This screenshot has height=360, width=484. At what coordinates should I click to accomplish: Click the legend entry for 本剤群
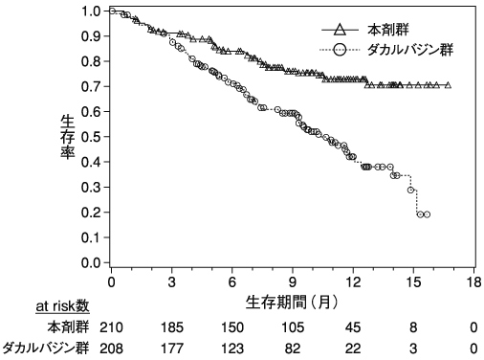point(365,30)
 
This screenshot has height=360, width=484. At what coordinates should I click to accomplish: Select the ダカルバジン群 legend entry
point(386,50)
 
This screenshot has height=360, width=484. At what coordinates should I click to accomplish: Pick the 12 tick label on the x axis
point(353,282)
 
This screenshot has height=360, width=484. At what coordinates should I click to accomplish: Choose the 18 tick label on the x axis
point(473,282)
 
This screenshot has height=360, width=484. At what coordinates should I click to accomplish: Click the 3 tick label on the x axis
point(171,282)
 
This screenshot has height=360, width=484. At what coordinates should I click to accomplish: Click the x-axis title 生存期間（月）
point(292,302)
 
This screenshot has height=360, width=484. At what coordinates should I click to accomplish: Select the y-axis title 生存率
point(68,137)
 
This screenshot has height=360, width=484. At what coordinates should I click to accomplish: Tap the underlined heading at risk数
point(62,306)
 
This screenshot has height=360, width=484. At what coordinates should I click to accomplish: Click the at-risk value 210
point(111,327)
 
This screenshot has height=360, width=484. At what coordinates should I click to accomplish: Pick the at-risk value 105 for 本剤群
point(293,327)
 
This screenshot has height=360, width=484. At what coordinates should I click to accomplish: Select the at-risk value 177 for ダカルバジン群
point(171,349)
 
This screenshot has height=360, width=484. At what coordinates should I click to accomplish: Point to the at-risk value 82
point(293,349)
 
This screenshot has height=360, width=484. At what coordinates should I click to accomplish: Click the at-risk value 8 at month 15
point(413,327)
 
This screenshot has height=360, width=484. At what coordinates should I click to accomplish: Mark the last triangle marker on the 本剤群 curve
point(448,85)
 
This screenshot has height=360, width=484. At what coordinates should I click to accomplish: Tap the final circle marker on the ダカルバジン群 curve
point(427,214)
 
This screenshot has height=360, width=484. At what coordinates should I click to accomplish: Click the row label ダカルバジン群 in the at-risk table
point(46,349)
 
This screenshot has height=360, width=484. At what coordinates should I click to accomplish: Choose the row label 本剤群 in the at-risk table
point(69,327)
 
